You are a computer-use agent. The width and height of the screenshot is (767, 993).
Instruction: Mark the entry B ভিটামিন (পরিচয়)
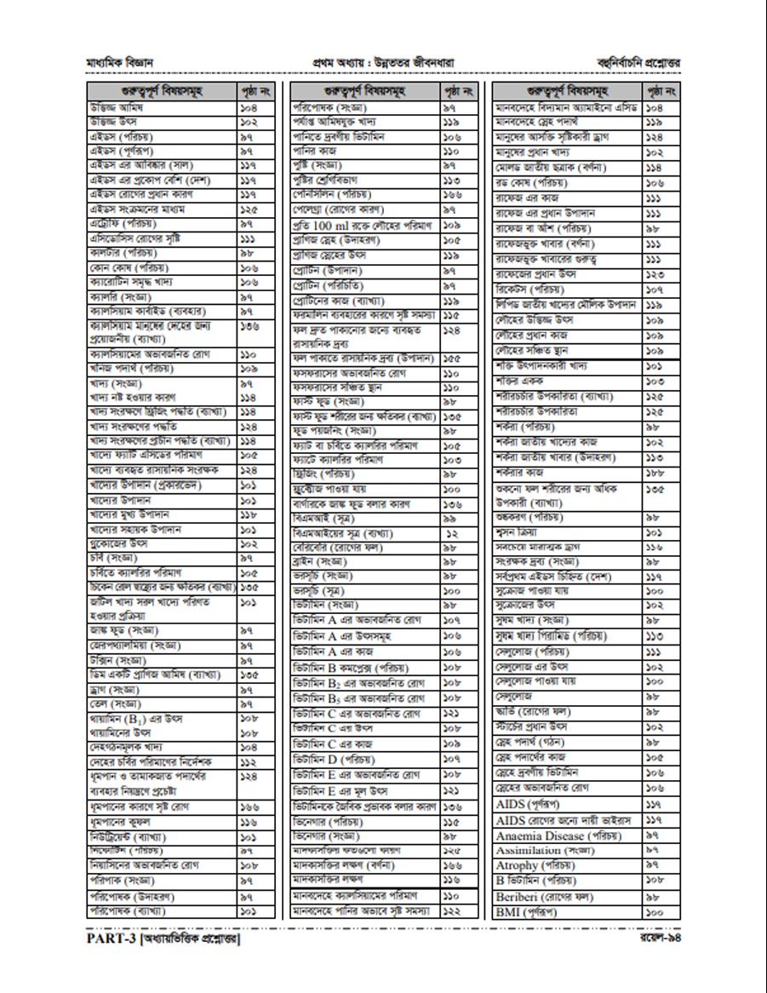[536, 881]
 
